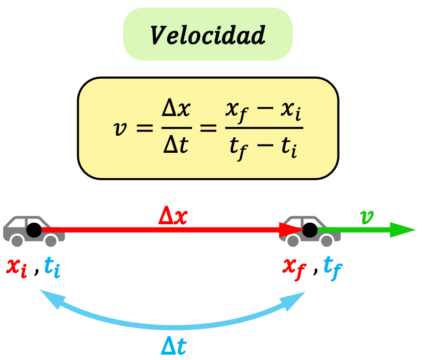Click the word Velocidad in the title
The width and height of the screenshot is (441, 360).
(208, 35)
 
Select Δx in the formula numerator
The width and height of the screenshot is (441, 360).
(177, 109)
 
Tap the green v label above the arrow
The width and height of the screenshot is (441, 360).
(366, 217)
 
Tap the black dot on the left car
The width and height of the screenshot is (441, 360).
(34, 229)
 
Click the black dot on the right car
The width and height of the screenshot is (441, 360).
(310, 229)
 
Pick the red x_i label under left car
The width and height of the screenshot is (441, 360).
(17, 267)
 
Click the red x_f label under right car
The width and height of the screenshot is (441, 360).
(294, 267)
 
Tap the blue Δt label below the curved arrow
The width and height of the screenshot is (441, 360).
(173, 346)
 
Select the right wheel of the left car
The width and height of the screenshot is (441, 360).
(51, 240)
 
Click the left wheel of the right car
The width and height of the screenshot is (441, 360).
(293, 240)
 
